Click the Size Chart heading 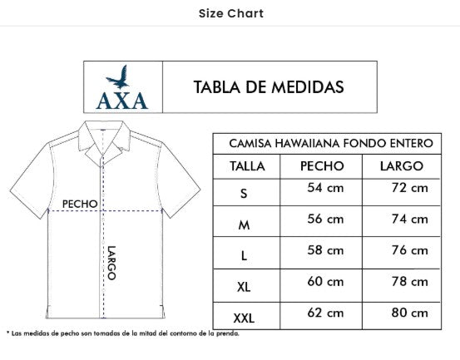(x=231, y=13)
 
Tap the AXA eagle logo (x=121, y=86)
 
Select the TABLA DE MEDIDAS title (x=269, y=87)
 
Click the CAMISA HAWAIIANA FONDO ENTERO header (x=329, y=144)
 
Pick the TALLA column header (x=246, y=166)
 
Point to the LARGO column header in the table (x=402, y=166)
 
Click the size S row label (x=244, y=194)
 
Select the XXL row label (x=245, y=317)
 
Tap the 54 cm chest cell (x=325, y=189)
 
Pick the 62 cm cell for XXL (x=325, y=313)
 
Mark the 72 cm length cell (x=409, y=189)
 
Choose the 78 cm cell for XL (x=409, y=282)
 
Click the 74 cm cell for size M (x=409, y=219)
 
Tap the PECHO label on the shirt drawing (x=80, y=203)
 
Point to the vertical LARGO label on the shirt (x=111, y=264)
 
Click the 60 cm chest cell (x=325, y=282)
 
